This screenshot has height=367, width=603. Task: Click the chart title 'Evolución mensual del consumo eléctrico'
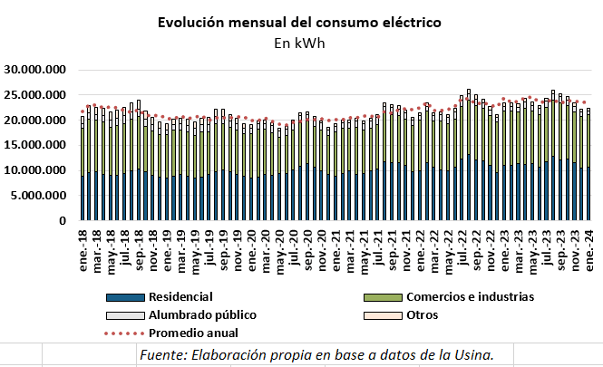299,22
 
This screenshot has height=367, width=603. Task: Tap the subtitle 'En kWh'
299,42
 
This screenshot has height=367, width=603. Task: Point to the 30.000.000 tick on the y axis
35,70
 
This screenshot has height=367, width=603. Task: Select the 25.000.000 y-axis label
35,95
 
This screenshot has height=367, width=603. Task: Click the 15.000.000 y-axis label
35,145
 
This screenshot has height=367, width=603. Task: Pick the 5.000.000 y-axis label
39,196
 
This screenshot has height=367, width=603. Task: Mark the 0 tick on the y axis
63,220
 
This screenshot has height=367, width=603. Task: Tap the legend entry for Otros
423,314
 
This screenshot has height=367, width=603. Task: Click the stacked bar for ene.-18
83,172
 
